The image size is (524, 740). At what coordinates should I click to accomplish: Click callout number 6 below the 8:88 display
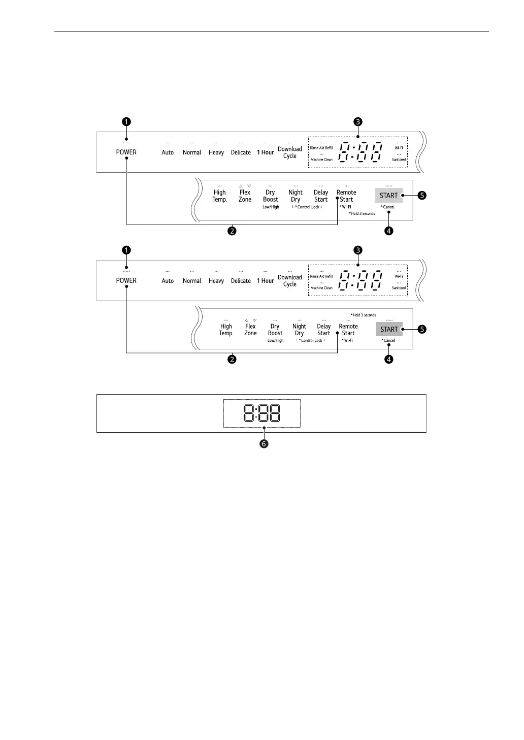pos(264,444)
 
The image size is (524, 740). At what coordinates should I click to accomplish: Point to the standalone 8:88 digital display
pos(261,413)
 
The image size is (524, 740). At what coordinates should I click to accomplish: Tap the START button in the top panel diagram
pos(388,196)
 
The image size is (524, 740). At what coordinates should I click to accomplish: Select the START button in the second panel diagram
pos(389,329)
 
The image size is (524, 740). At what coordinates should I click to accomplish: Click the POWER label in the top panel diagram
pos(126,152)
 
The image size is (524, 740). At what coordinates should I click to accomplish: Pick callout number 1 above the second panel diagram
pos(126,250)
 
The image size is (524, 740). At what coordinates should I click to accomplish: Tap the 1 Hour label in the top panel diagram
pos(265,152)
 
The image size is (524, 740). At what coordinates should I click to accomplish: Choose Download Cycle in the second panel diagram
pos(290,281)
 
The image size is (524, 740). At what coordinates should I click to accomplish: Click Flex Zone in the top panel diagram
pos(245,196)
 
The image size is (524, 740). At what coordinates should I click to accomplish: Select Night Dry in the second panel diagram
pos(300,330)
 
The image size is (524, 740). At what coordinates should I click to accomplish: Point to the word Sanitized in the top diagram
pos(399,159)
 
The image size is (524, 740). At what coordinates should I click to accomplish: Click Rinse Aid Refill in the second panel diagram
pos(321,276)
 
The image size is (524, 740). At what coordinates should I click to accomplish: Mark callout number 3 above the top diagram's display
pos(358,121)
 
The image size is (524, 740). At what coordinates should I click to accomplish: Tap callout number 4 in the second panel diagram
pos(388,359)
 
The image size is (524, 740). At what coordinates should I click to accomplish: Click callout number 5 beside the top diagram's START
pos(421,196)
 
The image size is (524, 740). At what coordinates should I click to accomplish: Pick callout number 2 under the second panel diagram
pos(232,359)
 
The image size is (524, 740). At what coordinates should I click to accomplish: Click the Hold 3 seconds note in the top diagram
pos(363,214)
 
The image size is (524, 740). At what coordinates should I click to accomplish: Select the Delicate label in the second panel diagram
pos(241,281)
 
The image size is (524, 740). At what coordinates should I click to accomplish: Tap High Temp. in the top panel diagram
pos(220,196)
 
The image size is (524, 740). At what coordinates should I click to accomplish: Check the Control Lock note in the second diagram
pos(311,341)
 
